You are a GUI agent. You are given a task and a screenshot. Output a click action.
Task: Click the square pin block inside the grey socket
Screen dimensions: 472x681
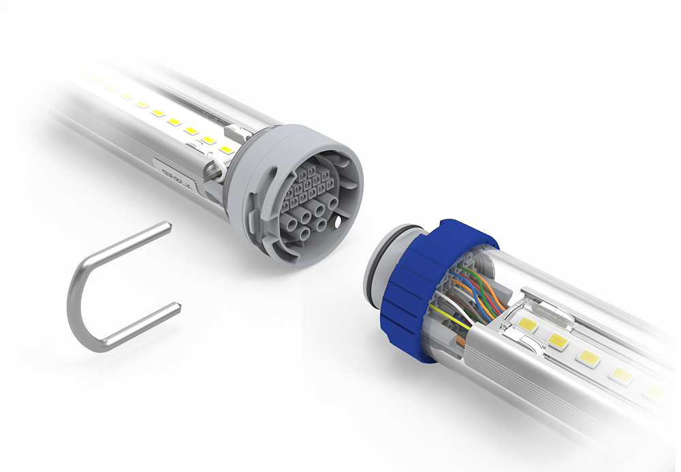coord(310,183)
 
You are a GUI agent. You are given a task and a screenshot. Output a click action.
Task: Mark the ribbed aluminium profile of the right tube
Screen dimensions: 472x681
coord(545,388)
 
